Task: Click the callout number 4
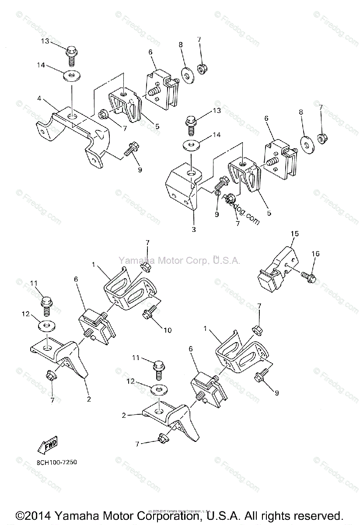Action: click(x=39, y=99)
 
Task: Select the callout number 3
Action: click(x=193, y=229)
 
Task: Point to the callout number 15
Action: click(x=295, y=234)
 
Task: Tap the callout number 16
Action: click(x=316, y=254)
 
